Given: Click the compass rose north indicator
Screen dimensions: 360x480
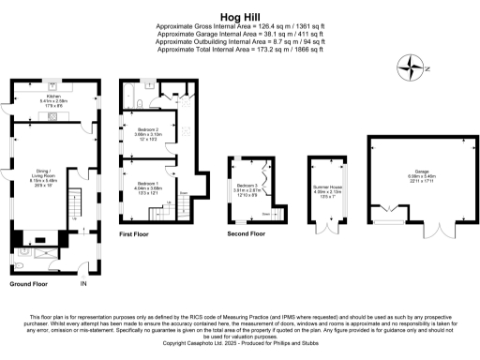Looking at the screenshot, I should click(x=411, y=67).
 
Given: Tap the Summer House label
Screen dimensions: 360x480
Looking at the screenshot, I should click(x=327, y=190).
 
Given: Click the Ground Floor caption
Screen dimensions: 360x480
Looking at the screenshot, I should click(x=28, y=283).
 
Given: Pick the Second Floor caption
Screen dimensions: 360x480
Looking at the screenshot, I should click(x=247, y=234).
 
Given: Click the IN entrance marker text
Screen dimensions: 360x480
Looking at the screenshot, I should click(x=82, y=283).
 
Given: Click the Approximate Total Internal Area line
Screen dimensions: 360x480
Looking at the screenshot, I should click(x=240, y=49).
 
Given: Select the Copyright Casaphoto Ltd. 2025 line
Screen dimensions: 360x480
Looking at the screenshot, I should click(x=240, y=344).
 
